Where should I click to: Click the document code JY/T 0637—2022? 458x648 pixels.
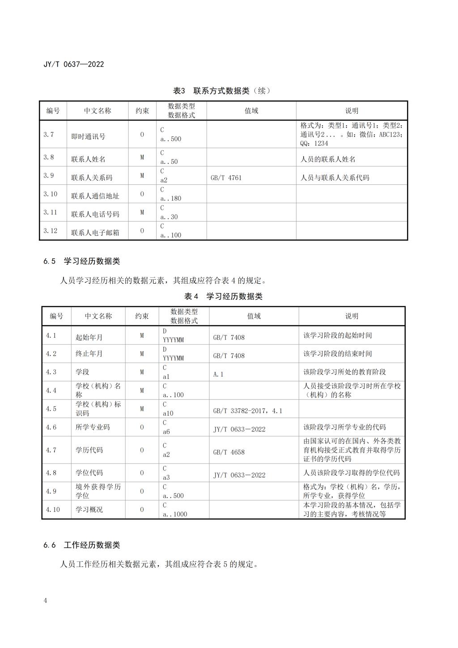coord(74,64)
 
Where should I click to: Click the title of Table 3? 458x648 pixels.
coord(222,91)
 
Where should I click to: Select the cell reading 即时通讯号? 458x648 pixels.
coord(89,136)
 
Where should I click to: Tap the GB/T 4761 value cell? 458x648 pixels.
coord(226,178)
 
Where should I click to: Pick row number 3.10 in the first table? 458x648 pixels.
coord(51,194)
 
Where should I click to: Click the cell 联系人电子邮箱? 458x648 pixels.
coord(95,233)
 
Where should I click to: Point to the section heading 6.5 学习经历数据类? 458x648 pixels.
coord(81,261)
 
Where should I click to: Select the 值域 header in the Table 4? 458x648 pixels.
coord(254,316)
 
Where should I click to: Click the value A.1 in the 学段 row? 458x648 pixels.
coord(218,374)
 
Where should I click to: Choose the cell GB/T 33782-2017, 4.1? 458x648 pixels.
coord(247,411)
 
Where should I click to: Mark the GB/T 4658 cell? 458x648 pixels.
coord(229,452)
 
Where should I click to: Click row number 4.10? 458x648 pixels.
coord(53,509)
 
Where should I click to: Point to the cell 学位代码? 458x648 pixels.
coord(89,473)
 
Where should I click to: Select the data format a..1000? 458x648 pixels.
coord(175,514)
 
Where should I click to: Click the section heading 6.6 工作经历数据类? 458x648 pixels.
coord(81,545)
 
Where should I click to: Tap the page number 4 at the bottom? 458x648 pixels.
coord(45,601)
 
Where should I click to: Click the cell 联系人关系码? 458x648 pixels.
coord(92,178)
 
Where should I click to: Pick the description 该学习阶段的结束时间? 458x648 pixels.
coord(337,354)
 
